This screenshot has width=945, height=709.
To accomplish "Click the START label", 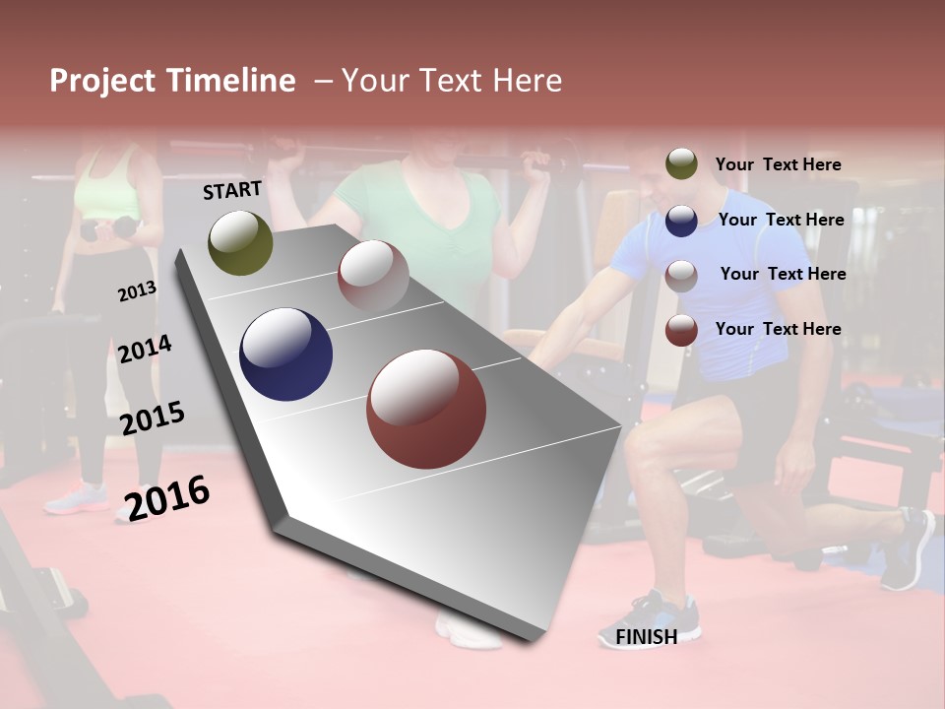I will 232,190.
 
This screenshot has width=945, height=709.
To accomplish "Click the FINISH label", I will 646,637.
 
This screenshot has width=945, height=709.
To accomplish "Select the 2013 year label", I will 137,291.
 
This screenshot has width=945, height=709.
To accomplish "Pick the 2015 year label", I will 153,419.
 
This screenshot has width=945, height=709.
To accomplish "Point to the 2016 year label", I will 167,498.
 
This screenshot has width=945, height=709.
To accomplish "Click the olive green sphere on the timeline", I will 240,242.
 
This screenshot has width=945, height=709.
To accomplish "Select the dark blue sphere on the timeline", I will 285,354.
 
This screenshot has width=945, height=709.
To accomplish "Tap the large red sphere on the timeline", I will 426,409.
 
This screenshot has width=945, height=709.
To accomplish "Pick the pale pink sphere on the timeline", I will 373,276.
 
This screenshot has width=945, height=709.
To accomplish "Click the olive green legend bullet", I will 681,163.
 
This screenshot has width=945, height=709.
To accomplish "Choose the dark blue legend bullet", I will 681,220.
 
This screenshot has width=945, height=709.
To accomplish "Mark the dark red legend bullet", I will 681,330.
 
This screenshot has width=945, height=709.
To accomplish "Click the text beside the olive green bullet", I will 778,164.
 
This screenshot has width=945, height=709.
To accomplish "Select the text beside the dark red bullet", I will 778,329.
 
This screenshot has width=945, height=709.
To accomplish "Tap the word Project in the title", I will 103,81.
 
